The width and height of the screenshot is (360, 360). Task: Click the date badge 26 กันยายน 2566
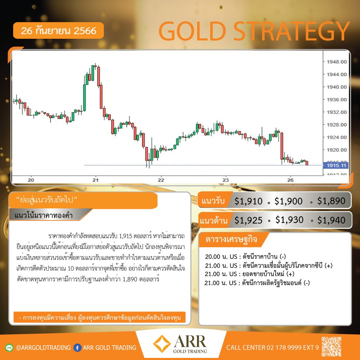pyautogui.click(x=58, y=30)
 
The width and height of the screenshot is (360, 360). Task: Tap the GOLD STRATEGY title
pyautogui.click(x=254, y=31)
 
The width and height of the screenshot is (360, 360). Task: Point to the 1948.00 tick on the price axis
pyautogui.click(x=336, y=62)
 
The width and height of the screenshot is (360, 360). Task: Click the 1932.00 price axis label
pyautogui.click(x=336, y=112)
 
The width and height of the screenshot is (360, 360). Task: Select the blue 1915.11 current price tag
pyautogui.click(x=336, y=165)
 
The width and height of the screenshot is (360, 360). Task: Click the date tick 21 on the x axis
pyautogui.click(x=96, y=180)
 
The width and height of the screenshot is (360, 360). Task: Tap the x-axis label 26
pyautogui.click(x=290, y=180)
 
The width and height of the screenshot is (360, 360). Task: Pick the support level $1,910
pyautogui.click(x=249, y=201)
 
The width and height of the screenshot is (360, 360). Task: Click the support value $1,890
pyautogui.click(x=331, y=201)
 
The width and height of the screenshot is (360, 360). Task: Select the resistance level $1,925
pyautogui.click(x=249, y=220)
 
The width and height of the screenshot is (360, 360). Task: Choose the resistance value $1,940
pyautogui.click(x=331, y=220)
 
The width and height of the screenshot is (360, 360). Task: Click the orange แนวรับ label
pyautogui.click(x=213, y=201)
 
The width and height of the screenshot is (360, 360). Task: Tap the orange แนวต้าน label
pyautogui.click(x=214, y=220)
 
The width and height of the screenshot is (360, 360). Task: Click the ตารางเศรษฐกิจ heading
pyautogui.click(x=231, y=239)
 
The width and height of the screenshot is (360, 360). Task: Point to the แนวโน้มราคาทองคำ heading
pyautogui.click(x=44, y=215)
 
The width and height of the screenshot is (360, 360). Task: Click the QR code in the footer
pyautogui.click(x=331, y=346)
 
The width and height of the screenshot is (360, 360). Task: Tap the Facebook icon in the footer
pyautogui.click(x=78, y=348)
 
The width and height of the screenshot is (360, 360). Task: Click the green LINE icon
pyautogui.click(x=9, y=348)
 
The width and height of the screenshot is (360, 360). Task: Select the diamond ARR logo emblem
pyautogui.click(x=162, y=343)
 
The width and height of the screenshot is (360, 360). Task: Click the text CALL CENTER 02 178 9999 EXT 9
pyautogui.click(x=272, y=348)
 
